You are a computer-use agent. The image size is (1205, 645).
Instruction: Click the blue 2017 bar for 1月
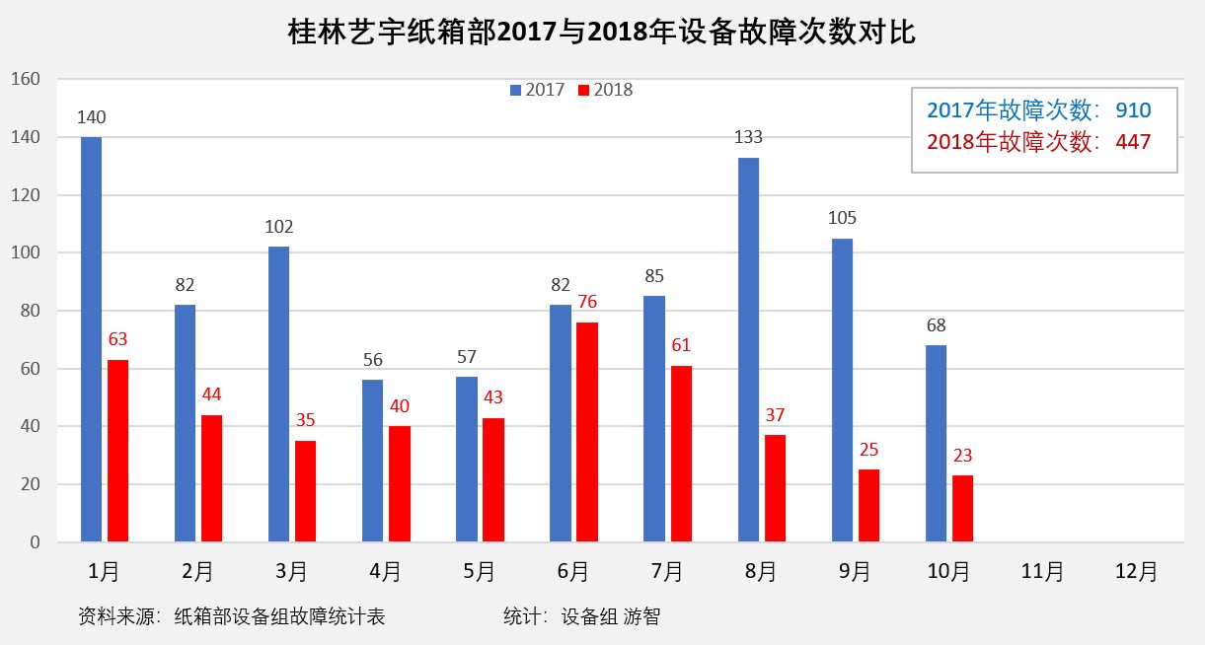91,339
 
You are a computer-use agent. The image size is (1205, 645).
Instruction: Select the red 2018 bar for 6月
587,432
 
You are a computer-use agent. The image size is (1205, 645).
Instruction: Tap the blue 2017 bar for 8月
748,349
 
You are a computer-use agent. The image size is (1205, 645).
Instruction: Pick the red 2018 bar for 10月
962,509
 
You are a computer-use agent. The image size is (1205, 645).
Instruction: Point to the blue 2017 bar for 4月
373,461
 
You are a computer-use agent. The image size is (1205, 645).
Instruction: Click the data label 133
748,137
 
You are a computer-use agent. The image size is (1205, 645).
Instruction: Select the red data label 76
587,302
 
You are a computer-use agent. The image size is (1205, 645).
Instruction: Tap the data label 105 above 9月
843,218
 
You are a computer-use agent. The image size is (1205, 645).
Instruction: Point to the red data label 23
962,456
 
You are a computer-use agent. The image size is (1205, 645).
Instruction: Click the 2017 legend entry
537,90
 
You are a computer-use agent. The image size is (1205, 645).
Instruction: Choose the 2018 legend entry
605,90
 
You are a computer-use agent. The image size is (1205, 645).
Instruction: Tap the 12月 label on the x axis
1136,571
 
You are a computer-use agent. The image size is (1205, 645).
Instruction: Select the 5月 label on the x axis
479,571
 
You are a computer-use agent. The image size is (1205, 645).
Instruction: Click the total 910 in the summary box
1133,110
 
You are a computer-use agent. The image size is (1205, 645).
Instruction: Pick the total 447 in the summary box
1133,142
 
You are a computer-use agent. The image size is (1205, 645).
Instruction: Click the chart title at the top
602,33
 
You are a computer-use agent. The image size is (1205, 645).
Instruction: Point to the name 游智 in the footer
641,617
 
